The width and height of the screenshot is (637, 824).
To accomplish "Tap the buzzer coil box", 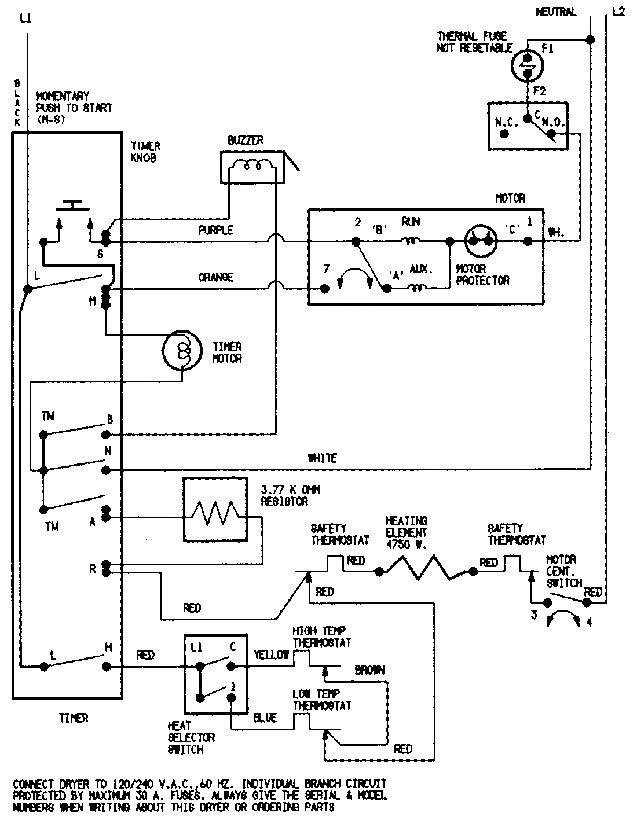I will pos(252,168).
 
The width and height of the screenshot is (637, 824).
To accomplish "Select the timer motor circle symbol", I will pos(181,351).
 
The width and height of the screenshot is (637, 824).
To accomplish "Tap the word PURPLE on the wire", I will pos(216,230).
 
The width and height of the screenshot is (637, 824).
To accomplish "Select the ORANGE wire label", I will pos(216,277).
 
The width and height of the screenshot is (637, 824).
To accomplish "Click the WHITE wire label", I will pos(323,458).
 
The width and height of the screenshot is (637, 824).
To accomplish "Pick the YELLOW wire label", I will pos(272,654).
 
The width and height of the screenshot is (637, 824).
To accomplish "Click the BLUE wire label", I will pos(265,718).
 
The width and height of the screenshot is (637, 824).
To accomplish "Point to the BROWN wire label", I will pos(369,670).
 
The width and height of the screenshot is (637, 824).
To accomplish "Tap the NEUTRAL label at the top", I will pos(556,12).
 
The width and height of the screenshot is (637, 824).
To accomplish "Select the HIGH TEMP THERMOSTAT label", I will pos(321,637).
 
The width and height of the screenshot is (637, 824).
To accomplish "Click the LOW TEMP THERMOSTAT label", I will pos(321,700).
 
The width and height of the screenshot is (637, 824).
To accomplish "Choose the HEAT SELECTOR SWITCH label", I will pos(191,738).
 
